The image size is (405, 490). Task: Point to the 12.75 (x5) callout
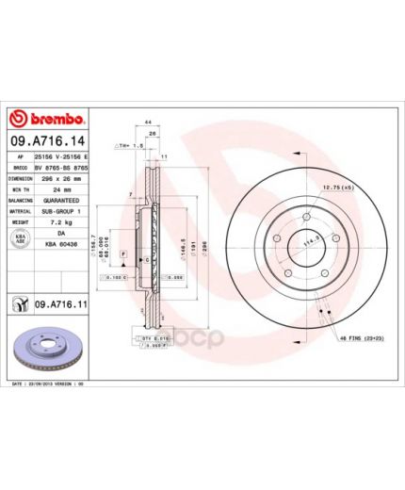[x=332, y=188]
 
